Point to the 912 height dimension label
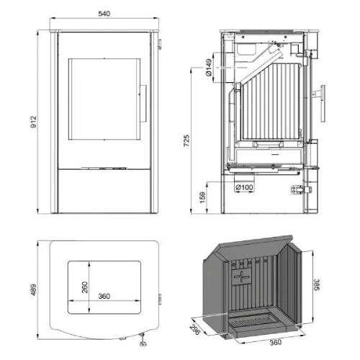tap(28, 122)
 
